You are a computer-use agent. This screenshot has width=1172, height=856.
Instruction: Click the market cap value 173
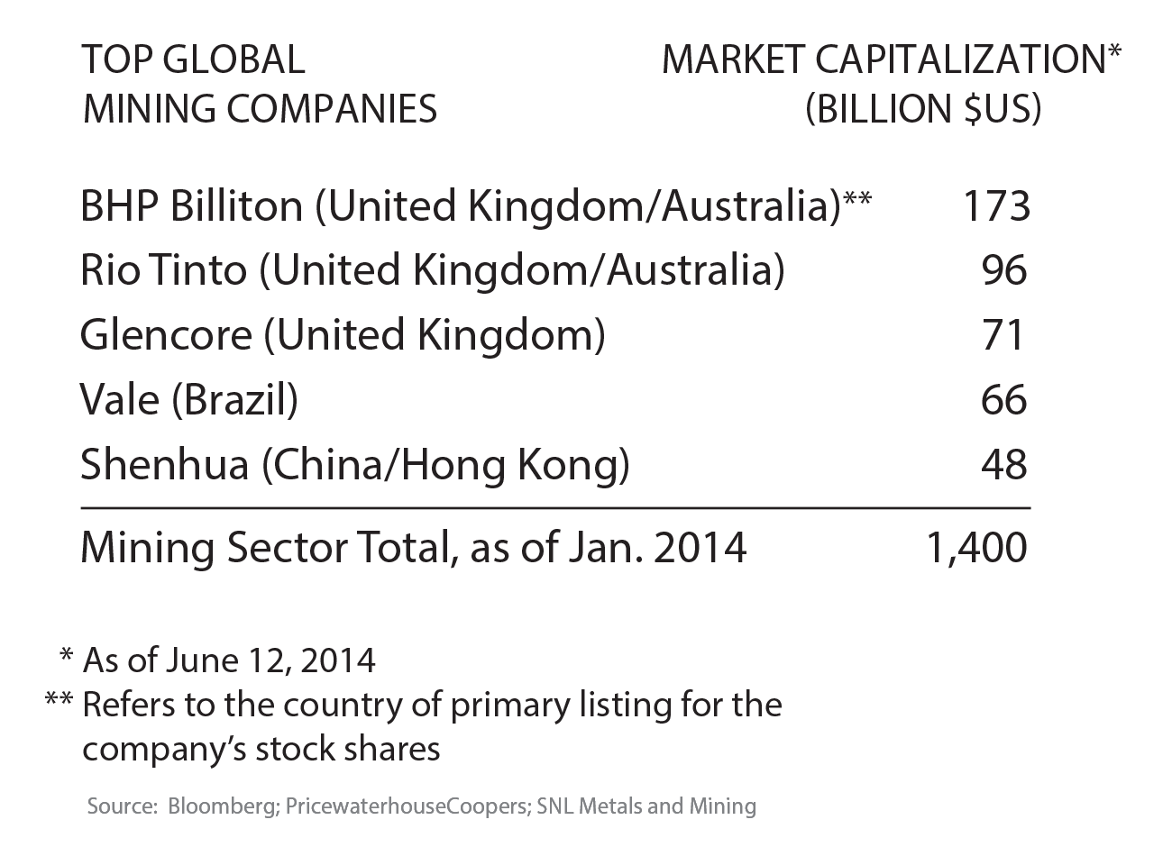tap(995, 206)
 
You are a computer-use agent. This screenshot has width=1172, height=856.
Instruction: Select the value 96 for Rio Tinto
tap(1004, 270)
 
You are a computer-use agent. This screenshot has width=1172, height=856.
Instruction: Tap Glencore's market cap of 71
tap(1004, 335)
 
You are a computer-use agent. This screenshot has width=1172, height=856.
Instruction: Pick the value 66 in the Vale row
tap(1004, 400)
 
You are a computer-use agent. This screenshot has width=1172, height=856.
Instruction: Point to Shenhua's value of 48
tap(1004, 465)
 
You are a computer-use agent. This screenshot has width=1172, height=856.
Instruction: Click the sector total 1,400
tap(976, 548)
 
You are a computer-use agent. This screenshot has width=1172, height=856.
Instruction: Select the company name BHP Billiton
tap(191, 206)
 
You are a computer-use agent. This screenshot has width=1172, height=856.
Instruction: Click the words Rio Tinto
tap(163, 270)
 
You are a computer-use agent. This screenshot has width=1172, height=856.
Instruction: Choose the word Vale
tap(119, 400)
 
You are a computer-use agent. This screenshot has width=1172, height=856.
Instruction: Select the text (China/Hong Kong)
tap(446, 465)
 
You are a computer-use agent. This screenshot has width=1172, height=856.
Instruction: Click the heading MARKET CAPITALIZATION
tap(884, 60)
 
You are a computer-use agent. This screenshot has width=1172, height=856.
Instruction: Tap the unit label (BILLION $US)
tap(923, 109)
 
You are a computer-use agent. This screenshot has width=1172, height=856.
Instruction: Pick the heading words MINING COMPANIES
tap(260, 109)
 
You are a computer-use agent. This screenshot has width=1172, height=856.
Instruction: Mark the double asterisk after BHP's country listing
tap(857, 197)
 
